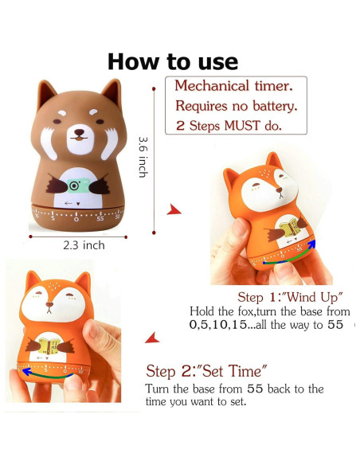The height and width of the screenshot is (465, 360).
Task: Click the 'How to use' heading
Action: point(173,61)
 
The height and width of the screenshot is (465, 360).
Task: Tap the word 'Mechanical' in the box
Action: point(211,86)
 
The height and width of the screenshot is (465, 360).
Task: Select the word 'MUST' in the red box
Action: point(242,126)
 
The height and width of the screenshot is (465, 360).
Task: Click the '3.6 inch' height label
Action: point(143,157)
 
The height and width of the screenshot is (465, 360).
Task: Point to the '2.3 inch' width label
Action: point(84,245)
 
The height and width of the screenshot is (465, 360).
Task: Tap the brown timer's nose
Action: point(79,132)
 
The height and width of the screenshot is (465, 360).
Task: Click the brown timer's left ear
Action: point(45,91)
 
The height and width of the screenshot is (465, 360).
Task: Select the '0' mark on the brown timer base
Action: point(76,220)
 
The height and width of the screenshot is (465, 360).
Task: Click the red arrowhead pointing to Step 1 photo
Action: point(174,209)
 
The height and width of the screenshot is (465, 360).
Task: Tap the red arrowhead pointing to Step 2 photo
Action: point(152,338)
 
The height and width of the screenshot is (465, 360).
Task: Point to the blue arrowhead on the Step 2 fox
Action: point(27,371)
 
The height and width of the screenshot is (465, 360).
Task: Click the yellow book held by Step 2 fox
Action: point(49,346)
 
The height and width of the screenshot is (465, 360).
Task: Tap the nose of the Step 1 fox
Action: point(279,190)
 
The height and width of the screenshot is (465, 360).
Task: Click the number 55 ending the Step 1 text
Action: point(335,324)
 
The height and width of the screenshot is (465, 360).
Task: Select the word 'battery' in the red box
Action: point(274,106)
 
